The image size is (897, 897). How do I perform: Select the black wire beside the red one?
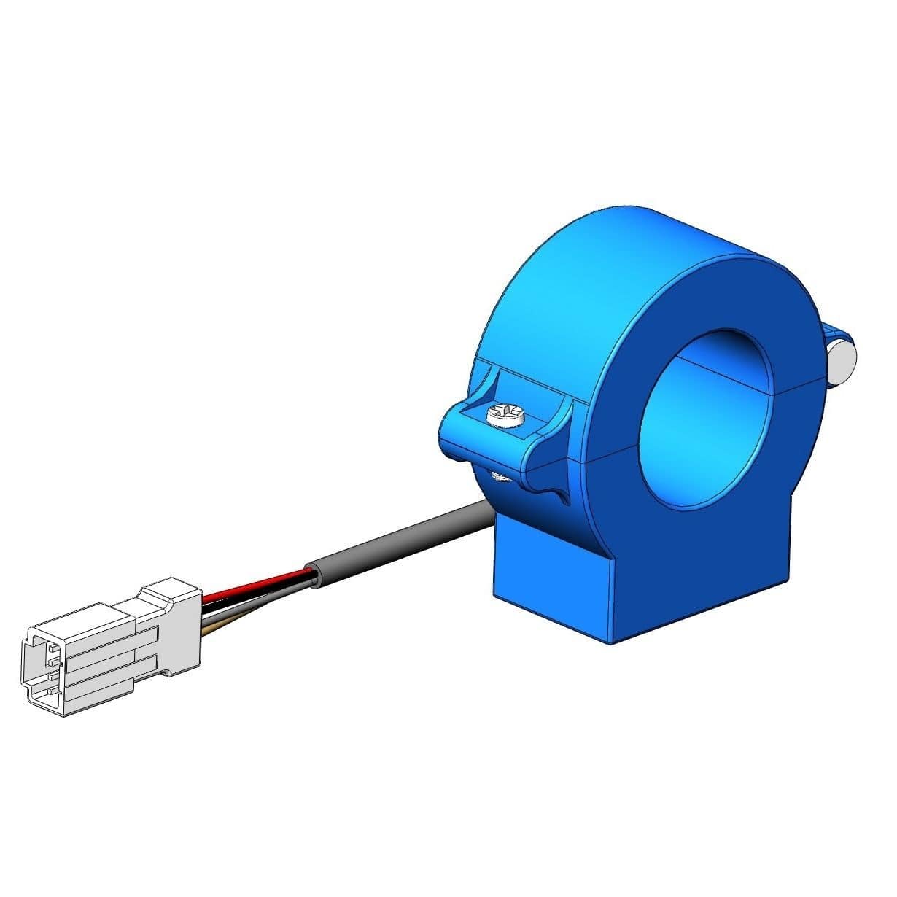[x=252, y=595]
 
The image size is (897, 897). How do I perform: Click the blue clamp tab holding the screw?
[x=474, y=430]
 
